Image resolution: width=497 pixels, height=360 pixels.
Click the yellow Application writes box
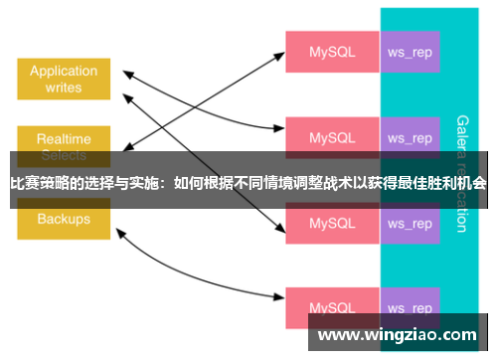pyautogui.click(x=64, y=79)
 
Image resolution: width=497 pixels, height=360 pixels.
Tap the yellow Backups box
pyautogui.click(x=64, y=220)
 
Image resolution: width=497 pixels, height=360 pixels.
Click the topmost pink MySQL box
pyautogui.click(x=331, y=52)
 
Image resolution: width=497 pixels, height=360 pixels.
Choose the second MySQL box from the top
pyautogui.click(x=331, y=137)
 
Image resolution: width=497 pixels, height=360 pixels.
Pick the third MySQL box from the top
pyautogui.click(x=331, y=224)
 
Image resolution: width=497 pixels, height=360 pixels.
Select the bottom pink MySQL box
pyautogui.click(x=331, y=307)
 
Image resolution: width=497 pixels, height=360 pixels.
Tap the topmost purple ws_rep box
pyautogui.click(x=410, y=52)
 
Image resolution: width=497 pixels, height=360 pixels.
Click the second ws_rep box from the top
pyautogui.click(x=410, y=137)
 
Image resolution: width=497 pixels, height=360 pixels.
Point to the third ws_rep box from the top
pyautogui.click(x=410, y=224)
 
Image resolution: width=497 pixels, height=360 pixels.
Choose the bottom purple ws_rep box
pyautogui.click(x=410, y=307)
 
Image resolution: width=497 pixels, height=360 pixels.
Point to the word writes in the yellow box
pyautogui.click(x=64, y=88)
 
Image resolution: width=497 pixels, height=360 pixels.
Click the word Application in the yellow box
pyautogui.click(x=64, y=71)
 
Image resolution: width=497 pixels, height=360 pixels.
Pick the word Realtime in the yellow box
pyautogui.click(x=63, y=138)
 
